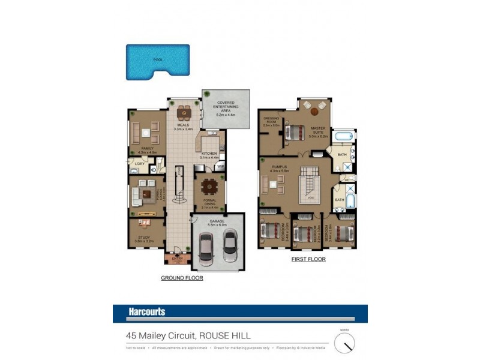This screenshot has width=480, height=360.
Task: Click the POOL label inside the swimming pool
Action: [158, 60]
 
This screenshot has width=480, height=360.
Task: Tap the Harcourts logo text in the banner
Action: [147, 312]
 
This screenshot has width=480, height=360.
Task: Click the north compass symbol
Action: [344, 343]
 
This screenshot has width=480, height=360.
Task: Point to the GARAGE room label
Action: [217, 221]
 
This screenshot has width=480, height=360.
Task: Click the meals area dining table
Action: [183, 112]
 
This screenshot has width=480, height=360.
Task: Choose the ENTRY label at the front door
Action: [177, 258]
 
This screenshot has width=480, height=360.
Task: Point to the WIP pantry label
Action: [220, 166]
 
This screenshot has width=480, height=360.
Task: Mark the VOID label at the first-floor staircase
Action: [310, 199]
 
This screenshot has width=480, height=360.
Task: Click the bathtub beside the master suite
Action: [344, 137]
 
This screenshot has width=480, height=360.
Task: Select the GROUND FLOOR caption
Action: [182, 278]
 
